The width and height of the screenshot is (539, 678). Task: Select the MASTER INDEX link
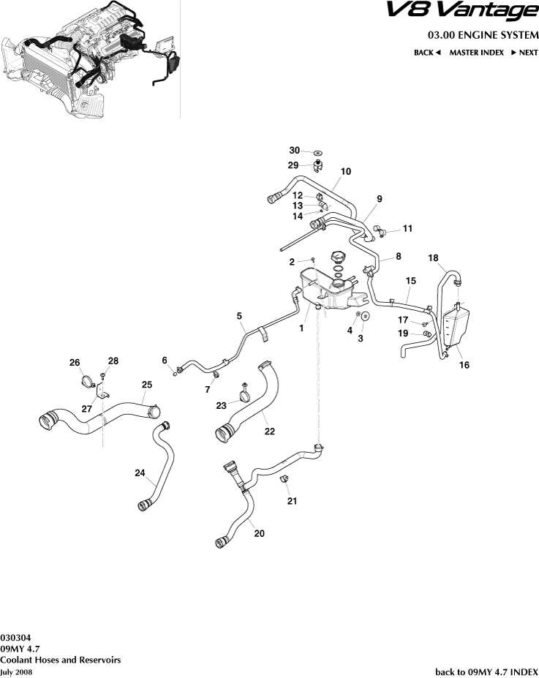click(x=475, y=53)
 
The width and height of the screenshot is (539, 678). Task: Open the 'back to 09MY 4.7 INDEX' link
click(x=486, y=671)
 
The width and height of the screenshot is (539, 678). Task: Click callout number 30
click(x=294, y=151)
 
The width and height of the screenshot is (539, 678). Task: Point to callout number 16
click(x=464, y=365)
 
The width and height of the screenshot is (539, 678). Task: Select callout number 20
click(x=259, y=533)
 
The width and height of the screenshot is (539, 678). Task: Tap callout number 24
click(x=140, y=473)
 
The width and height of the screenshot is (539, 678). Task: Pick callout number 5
click(x=239, y=316)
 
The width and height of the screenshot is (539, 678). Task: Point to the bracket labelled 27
click(x=103, y=395)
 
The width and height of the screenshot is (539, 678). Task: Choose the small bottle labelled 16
click(x=455, y=325)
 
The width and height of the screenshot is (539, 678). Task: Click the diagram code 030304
click(x=15, y=636)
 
